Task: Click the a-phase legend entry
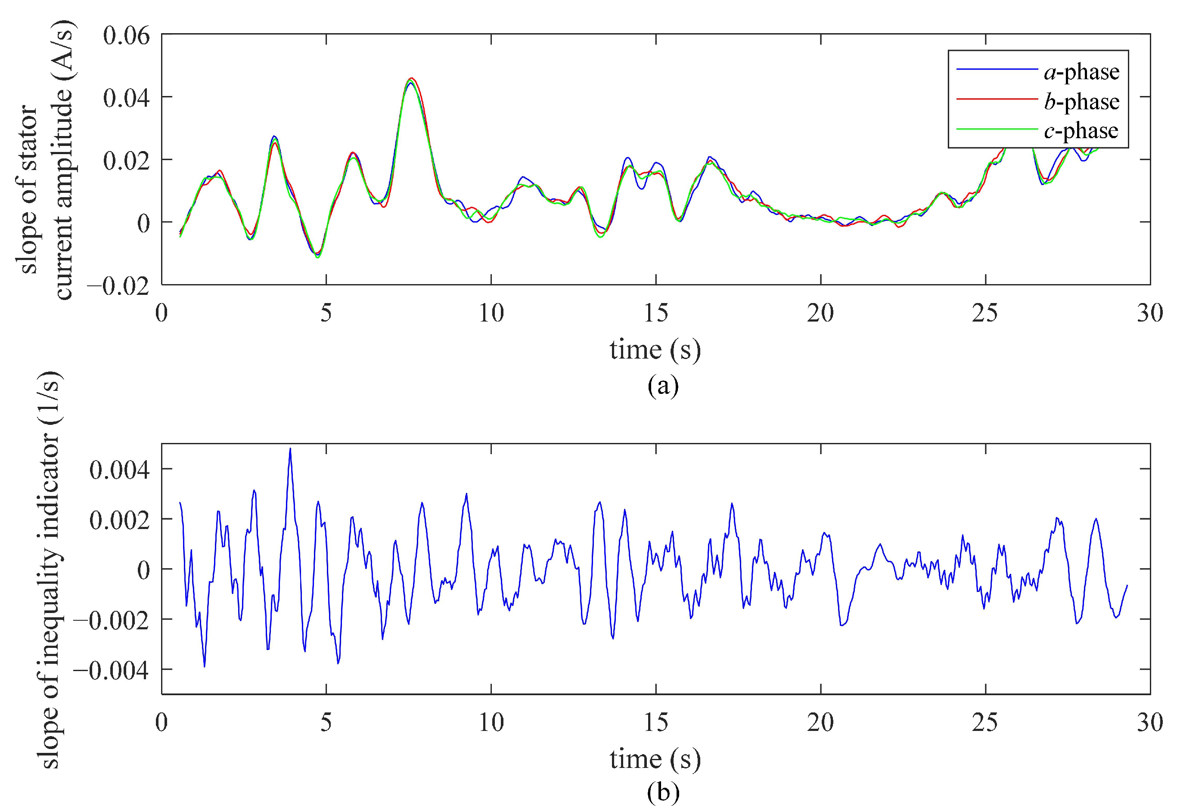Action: coord(1081,73)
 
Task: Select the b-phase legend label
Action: coord(1081,102)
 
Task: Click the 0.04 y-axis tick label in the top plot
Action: coord(127,98)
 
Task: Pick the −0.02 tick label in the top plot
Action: coord(118,286)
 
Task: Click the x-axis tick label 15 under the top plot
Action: coord(655,313)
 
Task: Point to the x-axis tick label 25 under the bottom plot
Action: coord(985,722)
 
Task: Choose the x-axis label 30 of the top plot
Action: coord(1150,313)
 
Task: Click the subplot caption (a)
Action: coord(663,386)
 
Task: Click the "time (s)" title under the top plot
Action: coord(655,350)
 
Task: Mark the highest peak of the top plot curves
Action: coord(412,78)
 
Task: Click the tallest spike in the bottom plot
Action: coord(290,449)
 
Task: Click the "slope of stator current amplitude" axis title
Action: coord(46,160)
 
